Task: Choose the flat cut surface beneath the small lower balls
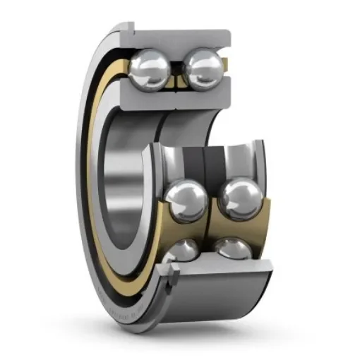(219, 267)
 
